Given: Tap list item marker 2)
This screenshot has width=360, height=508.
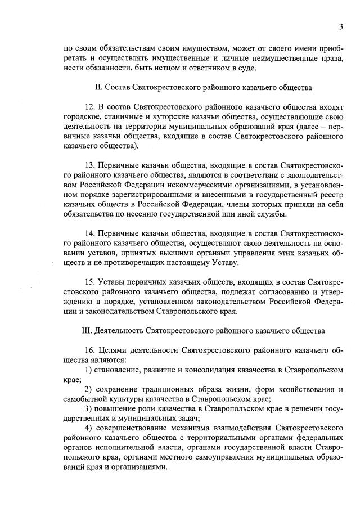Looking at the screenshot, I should [x=89, y=389].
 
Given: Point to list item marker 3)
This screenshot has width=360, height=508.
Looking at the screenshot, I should [x=89, y=408].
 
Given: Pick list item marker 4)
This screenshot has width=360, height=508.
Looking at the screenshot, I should [x=89, y=428].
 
